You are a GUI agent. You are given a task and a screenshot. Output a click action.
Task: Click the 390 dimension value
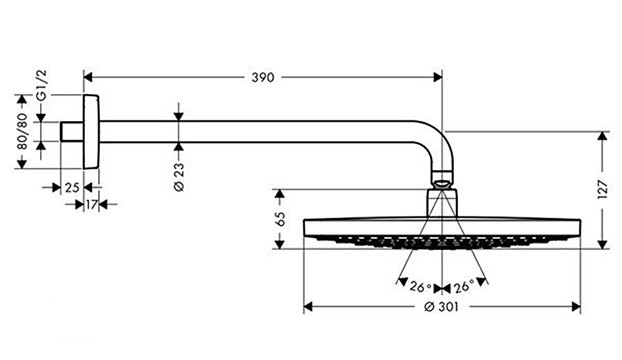[263, 77]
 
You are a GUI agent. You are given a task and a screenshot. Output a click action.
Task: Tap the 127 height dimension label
[603, 189]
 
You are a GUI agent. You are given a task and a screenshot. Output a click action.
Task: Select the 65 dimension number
[280, 219]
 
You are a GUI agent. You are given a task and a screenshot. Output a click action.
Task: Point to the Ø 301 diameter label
[442, 307]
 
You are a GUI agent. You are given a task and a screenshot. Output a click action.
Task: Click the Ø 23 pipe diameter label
[179, 176]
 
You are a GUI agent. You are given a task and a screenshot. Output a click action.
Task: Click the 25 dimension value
[72, 187]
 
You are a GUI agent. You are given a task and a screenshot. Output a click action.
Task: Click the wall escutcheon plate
[91, 131]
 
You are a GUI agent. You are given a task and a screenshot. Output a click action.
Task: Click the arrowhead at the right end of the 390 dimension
[437, 77]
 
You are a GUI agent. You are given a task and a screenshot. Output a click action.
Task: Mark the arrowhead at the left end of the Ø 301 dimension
[309, 307]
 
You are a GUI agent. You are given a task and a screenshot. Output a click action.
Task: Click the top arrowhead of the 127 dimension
[603, 136]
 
